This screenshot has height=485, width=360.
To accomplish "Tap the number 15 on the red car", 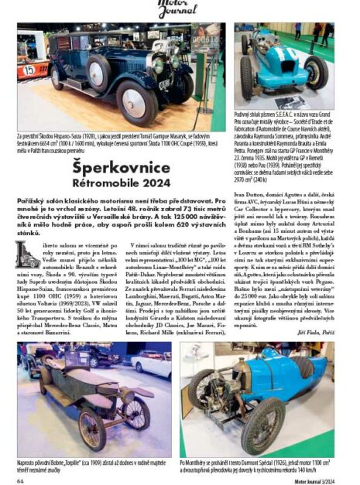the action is pyautogui.click(x=28, y=69).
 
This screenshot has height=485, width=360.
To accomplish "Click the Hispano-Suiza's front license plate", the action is pyautogui.click(x=165, y=84).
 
